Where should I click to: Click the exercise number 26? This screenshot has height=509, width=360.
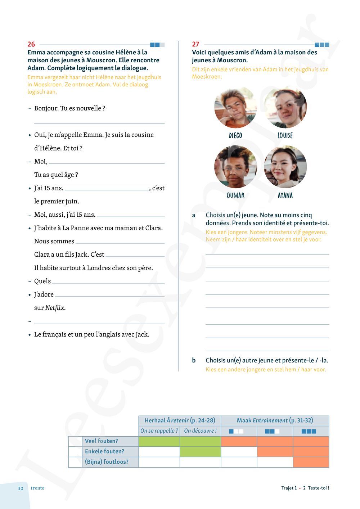[31, 44]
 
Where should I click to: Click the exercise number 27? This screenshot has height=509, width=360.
[195, 44]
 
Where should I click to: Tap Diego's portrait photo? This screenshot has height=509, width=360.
[235, 107]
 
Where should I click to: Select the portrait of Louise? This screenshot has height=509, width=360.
[285, 107]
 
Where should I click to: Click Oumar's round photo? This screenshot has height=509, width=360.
[235, 167]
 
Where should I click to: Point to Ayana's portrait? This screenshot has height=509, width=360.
[285, 167]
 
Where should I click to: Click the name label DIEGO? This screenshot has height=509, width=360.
[235, 136]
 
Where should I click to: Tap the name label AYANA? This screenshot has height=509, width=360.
[285, 195]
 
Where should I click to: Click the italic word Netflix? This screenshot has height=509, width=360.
[55, 308]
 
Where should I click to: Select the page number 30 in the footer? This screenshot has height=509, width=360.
[21, 488]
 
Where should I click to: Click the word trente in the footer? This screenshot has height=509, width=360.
[37, 488]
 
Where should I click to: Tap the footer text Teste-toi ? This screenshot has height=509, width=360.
[318, 488]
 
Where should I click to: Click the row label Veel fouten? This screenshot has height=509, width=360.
[101, 441]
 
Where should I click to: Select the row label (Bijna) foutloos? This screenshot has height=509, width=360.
[106, 462]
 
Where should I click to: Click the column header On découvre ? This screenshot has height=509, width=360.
[200, 431]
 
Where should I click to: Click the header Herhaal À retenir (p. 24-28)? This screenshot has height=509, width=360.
[180, 420]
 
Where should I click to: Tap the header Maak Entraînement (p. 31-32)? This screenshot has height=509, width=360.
[275, 420]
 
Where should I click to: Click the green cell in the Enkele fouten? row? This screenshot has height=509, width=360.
[200, 451]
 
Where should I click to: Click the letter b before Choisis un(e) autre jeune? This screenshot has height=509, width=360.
[194, 360]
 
